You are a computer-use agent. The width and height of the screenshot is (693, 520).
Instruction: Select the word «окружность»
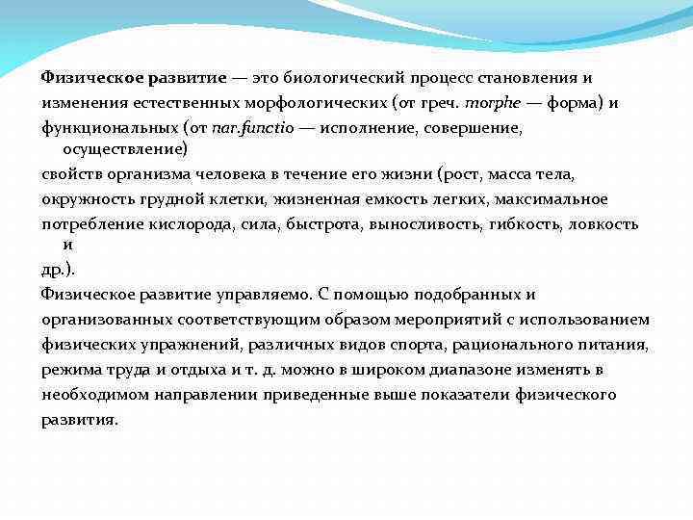click(x=84, y=199)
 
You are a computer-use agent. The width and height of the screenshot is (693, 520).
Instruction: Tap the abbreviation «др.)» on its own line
click(x=58, y=271)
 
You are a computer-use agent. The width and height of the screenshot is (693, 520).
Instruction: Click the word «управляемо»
click(x=254, y=295)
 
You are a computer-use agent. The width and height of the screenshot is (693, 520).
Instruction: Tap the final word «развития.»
click(x=80, y=419)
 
